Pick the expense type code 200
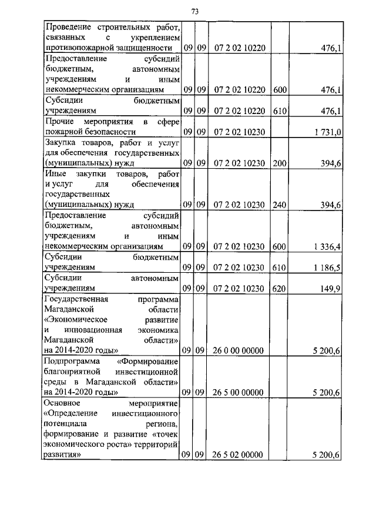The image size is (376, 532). [x=279, y=163]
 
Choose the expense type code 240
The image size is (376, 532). [x=279, y=205]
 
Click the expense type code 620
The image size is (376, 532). [x=279, y=288]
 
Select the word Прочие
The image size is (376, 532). [x=58, y=121]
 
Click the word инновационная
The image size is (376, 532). [x=98, y=329]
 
